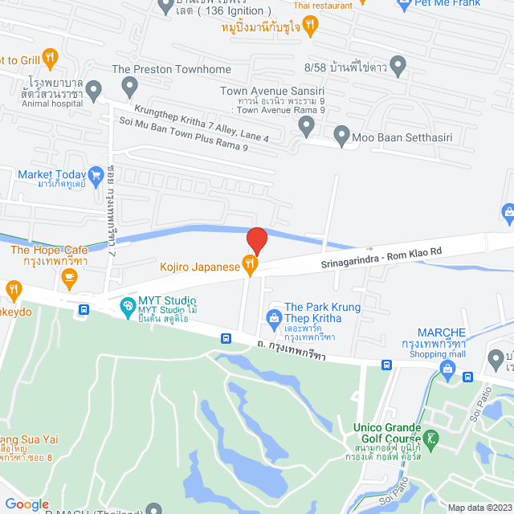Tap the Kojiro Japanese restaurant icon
(251, 263)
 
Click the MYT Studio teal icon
(127, 305)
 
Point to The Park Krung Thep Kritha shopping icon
(275, 316)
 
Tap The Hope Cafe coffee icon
(69, 278)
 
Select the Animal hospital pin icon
(94, 89)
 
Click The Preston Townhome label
(171, 70)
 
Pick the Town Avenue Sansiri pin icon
(306, 124)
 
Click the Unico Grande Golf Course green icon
(432, 439)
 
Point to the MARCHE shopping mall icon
(447, 369)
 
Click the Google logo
(27, 504)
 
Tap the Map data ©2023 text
(479, 508)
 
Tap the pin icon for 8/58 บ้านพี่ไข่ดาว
(397, 64)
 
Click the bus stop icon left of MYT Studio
(84, 309)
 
